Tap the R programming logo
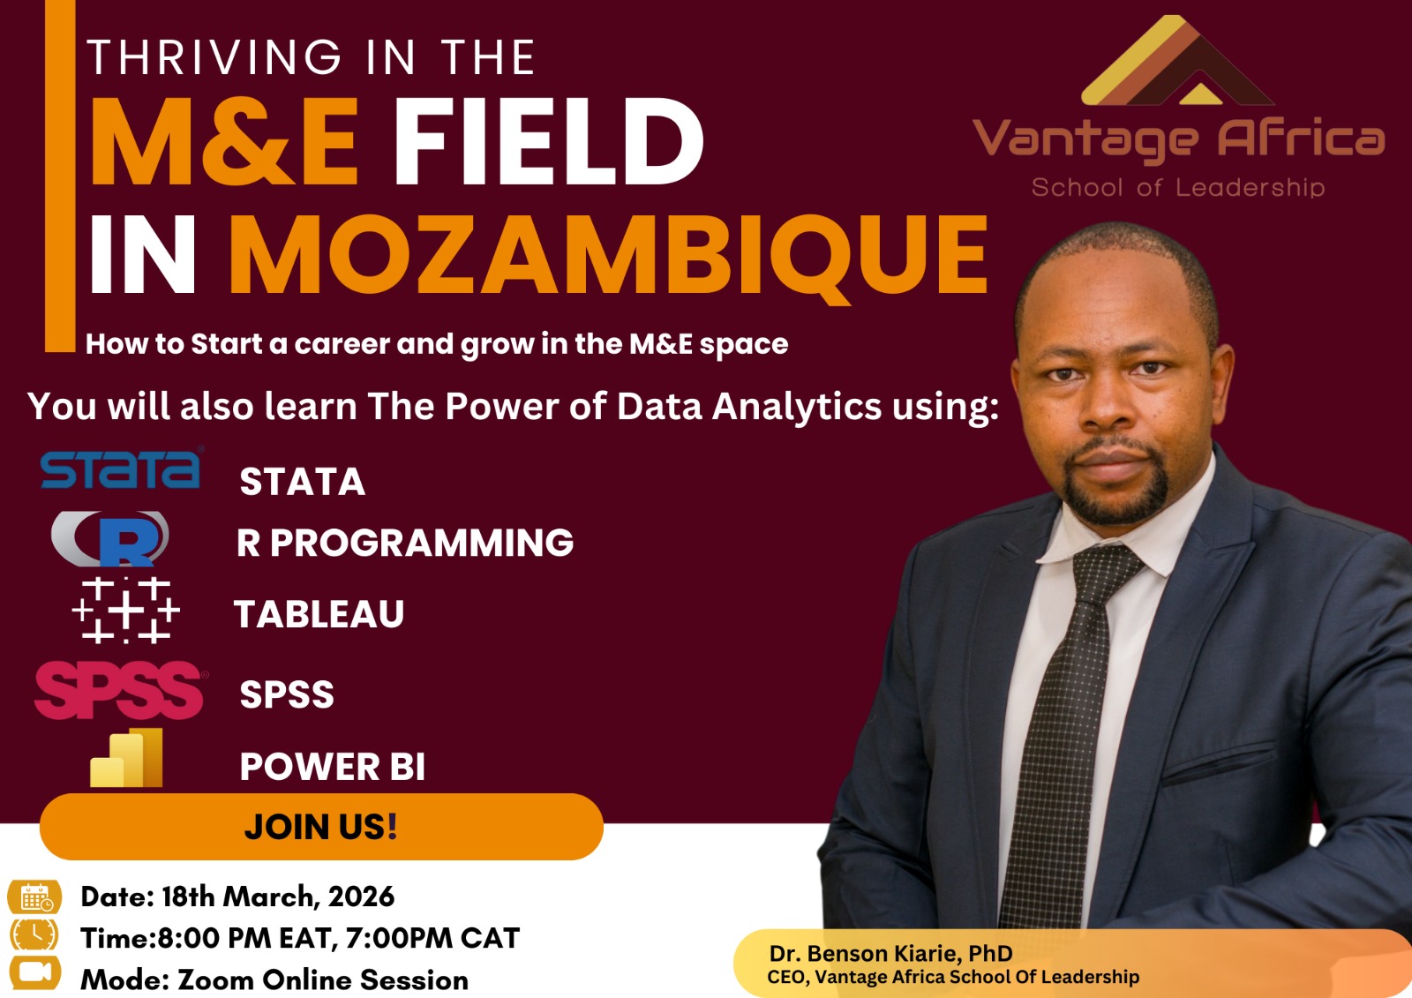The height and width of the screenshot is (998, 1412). tap(111, 538)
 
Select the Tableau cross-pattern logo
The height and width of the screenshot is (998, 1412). tap(126, 610)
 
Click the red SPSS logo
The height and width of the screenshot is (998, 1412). tap(120, 690)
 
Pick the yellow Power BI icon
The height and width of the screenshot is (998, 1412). tap(128, 759)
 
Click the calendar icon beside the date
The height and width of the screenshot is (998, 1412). tap(35, 897)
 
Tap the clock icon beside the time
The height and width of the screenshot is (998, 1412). tap(34, 934)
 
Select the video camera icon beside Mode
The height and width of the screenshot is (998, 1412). tap(34, 972)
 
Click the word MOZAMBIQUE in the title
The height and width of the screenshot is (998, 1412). tap(608, 255)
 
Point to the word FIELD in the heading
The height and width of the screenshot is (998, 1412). tap(547, 142)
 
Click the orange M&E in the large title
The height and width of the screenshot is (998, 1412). tap(224, 142)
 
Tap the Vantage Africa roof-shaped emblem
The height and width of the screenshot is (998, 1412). tap(1175, 62)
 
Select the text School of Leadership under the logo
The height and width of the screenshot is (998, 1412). tap(1178, 187)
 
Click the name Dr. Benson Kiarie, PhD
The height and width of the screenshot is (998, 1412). tap(890, 953)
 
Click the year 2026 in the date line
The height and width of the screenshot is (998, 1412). tap(361, 897)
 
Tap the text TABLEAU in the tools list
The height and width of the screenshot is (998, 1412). tap(319, 614)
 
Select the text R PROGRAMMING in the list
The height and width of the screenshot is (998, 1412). tap(405, 543)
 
